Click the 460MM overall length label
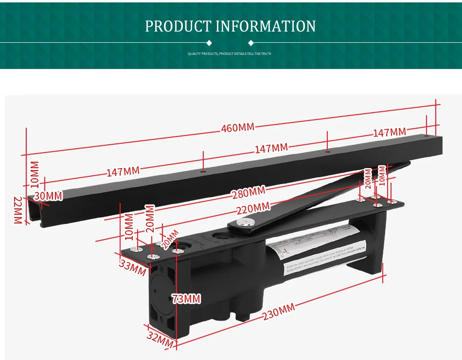coord(237,128)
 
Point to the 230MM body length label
coord(279,311)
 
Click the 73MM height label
coord(186,299)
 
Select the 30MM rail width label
coord(48,196)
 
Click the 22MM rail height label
coord(18,210)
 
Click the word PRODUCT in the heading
coord(178,26)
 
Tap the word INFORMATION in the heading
coord(266,26)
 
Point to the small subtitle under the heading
coord(230,54)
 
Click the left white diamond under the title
coord(209,43)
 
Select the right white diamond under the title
coord(250,43)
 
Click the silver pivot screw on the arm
coord(242,223)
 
